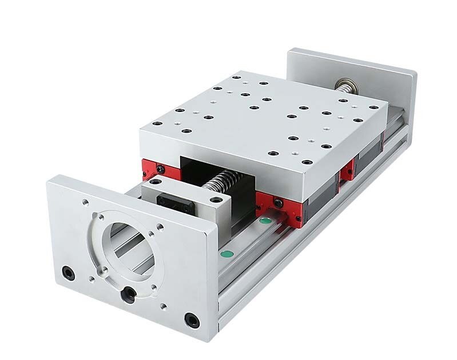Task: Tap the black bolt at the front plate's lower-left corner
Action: tap(69, 274)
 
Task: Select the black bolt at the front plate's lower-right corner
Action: tap(192, 320)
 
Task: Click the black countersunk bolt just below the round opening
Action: tap(129, 294)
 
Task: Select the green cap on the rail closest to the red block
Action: tap(265, 220)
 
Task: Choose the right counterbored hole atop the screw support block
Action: tap(216, 199)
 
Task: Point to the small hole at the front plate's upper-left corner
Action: tap(85, 202)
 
